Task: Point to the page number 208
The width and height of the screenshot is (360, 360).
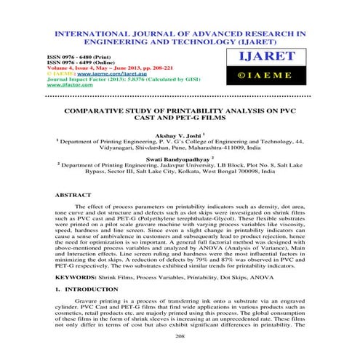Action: (x=180, y=337)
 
